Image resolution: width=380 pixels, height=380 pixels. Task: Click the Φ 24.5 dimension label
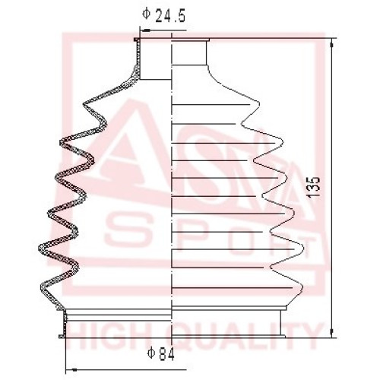pos(164,15)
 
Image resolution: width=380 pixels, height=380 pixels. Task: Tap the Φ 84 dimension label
pos(161,354)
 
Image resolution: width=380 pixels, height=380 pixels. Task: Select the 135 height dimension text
pos(313,188)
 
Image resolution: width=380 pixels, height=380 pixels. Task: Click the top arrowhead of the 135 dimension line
pos(332,45)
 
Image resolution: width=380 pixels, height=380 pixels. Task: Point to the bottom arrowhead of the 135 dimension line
pos(332,332)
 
